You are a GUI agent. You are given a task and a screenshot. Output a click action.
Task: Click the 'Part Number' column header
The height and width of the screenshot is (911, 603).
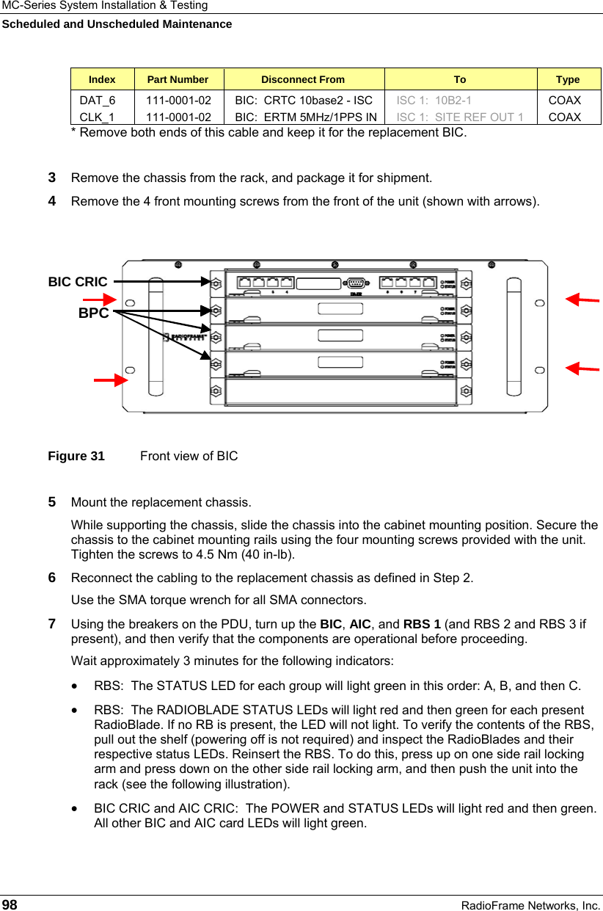point(178,79)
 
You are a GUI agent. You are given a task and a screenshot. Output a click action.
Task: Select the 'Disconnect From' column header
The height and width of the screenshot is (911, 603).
point(303,79)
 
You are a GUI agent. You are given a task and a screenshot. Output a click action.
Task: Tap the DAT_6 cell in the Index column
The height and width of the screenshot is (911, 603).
point(97,100)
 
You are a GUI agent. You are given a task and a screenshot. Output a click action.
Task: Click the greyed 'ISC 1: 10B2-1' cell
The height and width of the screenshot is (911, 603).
point(434,100)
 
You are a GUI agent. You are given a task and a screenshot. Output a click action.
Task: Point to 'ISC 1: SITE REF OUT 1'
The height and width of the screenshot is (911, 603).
point(460,117)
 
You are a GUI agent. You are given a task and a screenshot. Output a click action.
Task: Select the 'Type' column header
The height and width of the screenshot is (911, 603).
point(568,79)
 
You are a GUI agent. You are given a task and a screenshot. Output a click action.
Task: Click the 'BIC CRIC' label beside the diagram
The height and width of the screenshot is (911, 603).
point(78,282)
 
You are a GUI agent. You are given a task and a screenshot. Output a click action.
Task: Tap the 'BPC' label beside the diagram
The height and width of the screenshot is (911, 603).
point(94,313)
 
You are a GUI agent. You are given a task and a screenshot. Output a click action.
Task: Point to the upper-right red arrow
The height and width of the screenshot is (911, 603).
point(583,300)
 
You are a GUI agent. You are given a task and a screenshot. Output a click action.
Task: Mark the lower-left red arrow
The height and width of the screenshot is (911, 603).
point(110,380)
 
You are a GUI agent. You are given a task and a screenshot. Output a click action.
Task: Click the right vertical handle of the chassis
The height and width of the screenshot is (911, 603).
point(511,334)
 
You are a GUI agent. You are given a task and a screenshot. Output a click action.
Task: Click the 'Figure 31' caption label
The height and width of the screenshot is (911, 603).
point(76,456)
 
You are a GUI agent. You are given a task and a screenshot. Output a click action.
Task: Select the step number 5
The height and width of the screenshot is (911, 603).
point(52,503)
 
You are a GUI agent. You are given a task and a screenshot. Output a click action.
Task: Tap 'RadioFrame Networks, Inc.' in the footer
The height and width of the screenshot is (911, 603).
point(530,905)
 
